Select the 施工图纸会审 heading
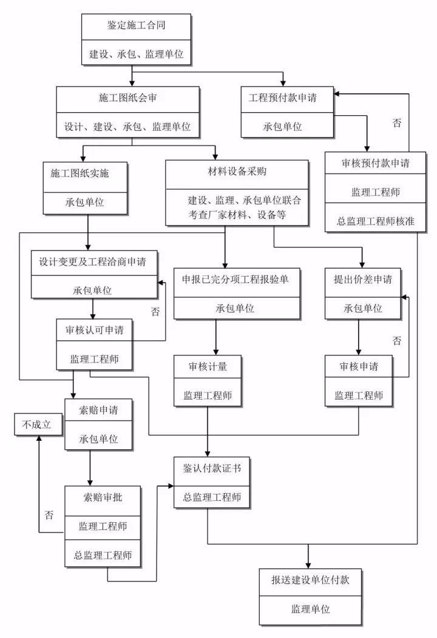(127, 98)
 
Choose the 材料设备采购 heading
(232, 172)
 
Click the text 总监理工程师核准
(376, 221)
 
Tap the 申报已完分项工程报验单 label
(236, 279)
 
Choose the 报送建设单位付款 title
(310, 579)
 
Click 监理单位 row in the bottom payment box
(310, 608)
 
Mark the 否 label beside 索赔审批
(49, 515)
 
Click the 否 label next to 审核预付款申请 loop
(397, 123)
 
